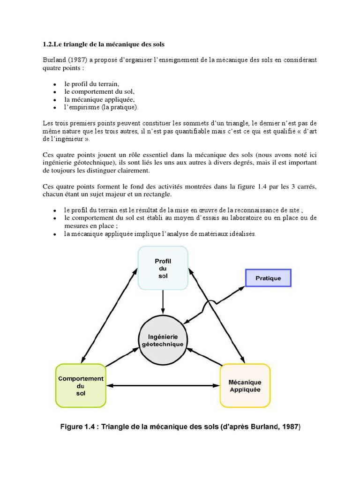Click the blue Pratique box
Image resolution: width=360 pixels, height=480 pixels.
click(x=268, y=278)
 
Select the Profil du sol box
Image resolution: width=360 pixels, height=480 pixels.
click(x=163, y=268)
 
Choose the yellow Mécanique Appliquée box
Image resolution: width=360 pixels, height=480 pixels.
click(x=245, y=385)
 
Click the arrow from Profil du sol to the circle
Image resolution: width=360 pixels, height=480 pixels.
click(x=163, y=301)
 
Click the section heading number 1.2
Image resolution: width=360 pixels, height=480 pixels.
click(x=48, y=44)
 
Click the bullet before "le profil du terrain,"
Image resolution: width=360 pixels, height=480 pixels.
click(x=55, y=84)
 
